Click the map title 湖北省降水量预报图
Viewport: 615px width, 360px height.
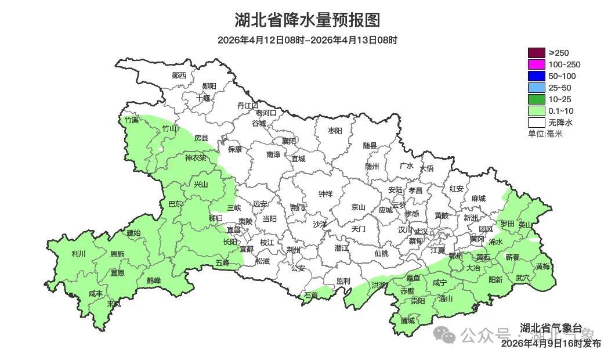(307, 20)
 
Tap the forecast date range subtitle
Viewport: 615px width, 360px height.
(307, 40)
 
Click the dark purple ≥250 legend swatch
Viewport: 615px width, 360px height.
(536, 53)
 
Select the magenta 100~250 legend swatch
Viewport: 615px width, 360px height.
(536, 64)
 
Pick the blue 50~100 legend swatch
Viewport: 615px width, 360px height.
(536, 76)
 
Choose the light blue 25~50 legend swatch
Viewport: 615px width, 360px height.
(536, 88)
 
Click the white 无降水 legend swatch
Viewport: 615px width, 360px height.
(536, 123)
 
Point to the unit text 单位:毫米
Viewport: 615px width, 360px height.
(545, 134)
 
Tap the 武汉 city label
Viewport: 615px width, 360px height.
(420, 231)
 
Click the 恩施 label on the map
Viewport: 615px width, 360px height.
(117, 254)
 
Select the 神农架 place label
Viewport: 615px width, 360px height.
(195, 157)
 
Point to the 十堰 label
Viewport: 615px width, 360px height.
(203, 98)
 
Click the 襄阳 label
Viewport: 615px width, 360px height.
(288, 141)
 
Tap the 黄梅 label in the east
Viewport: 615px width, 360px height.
(542, 267)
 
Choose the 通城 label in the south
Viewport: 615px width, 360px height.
(408, 321)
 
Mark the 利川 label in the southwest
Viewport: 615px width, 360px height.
(78, 254)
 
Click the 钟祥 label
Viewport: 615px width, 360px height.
(325, 194)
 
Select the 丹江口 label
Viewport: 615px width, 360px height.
(247, 106)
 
